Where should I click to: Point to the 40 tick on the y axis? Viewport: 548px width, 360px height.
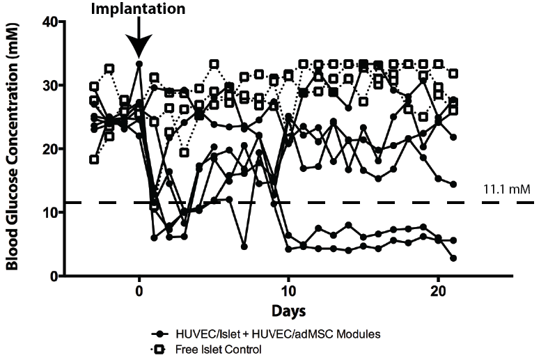point(49,22)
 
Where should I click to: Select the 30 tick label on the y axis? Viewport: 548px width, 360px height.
point(49,85)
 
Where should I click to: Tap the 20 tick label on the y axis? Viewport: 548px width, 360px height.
point(49,149)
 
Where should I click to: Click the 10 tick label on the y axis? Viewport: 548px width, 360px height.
point(49,212)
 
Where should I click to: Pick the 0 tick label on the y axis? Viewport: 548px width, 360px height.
point(53,276)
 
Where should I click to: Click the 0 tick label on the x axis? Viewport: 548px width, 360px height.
point(139,291)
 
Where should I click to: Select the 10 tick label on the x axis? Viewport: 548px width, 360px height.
point(288,291)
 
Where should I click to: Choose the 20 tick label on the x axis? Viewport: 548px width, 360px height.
point(438,291)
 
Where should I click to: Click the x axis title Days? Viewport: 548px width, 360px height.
point(288,308)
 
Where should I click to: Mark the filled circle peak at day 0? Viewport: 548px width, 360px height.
point(139,64)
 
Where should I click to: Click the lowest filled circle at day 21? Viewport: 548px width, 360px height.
point(453,258)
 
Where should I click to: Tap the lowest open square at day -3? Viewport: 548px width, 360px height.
point(94,159)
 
